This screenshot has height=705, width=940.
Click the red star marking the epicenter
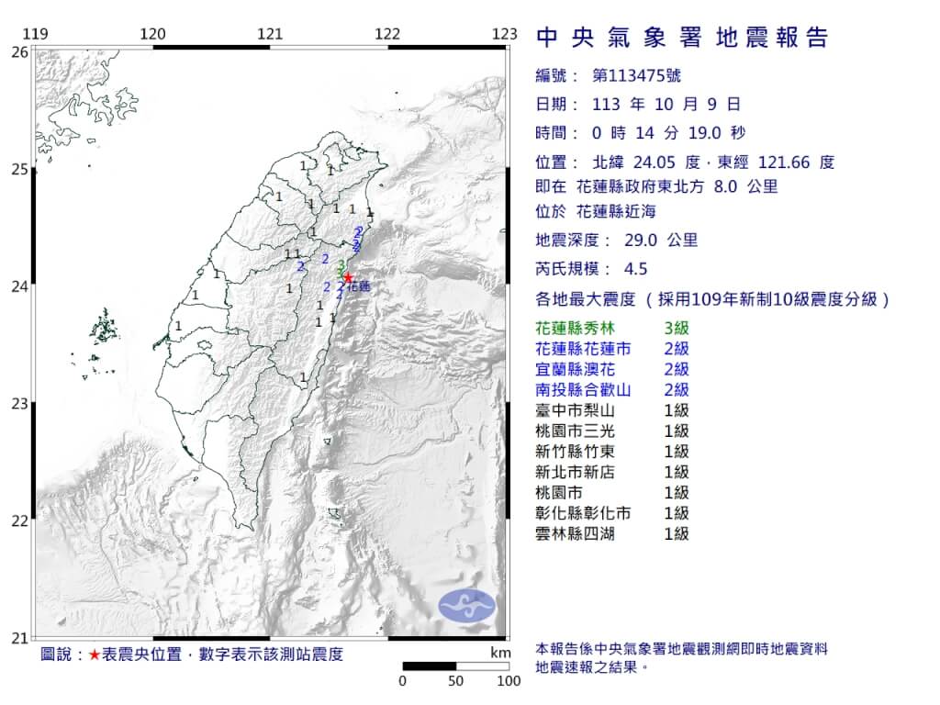coord(348,277)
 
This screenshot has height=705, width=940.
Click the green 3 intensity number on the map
coord(341,264)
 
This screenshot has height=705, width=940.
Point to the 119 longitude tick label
coord(35,35)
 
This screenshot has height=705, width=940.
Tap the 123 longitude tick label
coord(504,35)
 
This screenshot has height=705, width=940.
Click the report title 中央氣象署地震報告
coord(681,37)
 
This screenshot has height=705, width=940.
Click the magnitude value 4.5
coord(635,269)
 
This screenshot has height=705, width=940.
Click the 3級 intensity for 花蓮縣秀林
coord(677,328)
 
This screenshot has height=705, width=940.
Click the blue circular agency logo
coord(466,605)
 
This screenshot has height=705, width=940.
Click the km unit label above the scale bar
coord(500,653)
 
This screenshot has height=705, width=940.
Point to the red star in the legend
coord(95,655)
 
